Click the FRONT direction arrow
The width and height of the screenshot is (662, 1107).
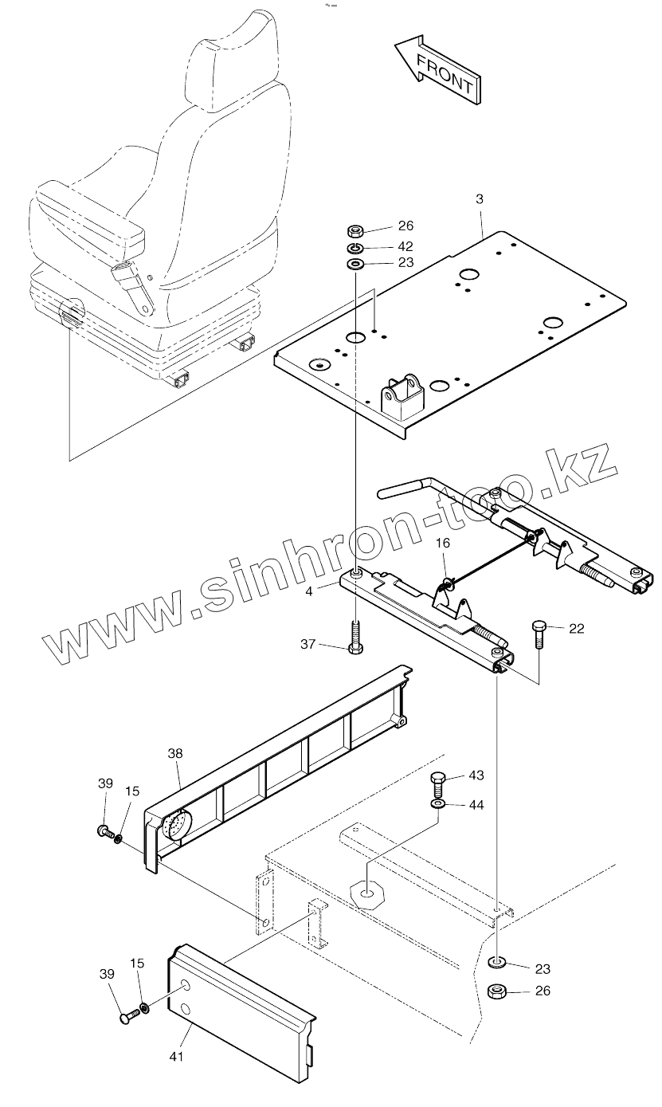[x=437, y=71]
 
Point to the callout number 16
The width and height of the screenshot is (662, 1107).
[x=443, y=543]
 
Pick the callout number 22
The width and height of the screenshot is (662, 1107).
[x=576, y=629]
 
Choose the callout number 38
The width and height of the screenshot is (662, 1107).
[x=175, y=752]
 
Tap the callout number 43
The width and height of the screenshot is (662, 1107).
[x=476, y=775]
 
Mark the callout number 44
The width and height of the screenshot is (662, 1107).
[x=476, y=805]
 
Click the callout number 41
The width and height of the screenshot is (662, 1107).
[x=176, y=1057]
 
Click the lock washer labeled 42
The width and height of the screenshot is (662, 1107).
[x=356, y=248]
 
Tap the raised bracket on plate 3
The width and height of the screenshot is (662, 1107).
[x=402, y=394]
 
